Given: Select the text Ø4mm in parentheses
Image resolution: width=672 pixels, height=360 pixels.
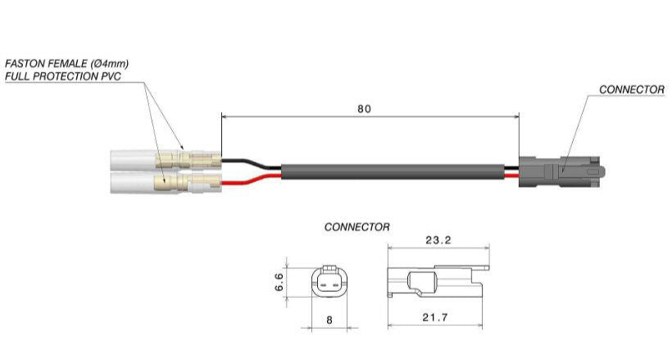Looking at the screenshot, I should pyautogui.click(x=108, y=63).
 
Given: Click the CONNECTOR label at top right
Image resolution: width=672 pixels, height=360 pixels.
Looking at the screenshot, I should pyautogui.click(x=631, y=89).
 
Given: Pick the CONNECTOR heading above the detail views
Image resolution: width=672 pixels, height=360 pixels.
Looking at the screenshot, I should pyautogui.click(x=357, y=226).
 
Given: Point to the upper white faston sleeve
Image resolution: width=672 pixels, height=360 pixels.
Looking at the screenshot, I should pyautogui.click(x=135, y=157).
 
